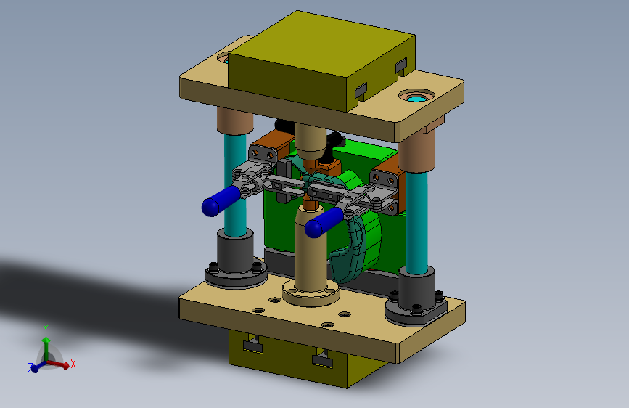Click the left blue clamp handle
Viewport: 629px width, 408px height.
(221, 201)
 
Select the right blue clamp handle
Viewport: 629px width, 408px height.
(324, 222)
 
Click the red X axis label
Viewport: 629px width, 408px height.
(73, 364)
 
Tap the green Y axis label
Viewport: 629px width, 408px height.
(46, 329)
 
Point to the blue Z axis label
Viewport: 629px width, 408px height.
(30, 367)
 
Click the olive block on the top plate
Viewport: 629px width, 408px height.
(321, 60)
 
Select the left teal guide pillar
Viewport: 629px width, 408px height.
(236, 184)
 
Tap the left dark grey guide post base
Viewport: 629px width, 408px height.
(236, 261)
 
